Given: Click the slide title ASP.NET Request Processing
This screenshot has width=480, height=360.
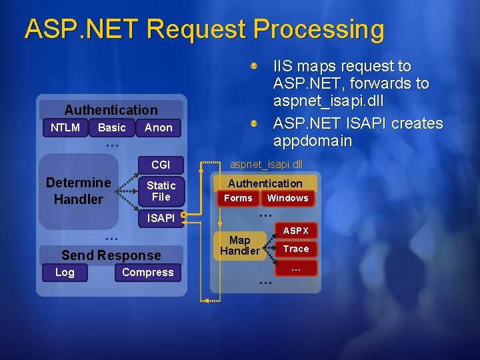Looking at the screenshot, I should click(204, 30).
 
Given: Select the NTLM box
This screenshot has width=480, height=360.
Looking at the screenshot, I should click(65, 127).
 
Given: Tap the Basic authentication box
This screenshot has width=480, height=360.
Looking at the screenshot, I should click(111, 127).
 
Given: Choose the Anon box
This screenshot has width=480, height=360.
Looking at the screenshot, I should click(158, 127).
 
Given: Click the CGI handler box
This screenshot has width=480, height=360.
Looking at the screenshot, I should click(161, 165).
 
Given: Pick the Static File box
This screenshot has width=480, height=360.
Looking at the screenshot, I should click(161, 191).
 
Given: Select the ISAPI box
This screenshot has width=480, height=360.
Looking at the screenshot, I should click(161, 217).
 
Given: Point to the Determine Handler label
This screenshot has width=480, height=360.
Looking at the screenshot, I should click(78, 191).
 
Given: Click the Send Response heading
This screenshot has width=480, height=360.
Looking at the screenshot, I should click(111, 255).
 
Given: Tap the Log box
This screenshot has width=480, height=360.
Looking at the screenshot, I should click(65, 272).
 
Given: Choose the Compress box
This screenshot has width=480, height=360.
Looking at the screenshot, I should click(147, 272).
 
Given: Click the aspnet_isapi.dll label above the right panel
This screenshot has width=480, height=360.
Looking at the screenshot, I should click(265, 164).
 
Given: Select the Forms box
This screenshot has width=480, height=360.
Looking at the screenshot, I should click(238, 198).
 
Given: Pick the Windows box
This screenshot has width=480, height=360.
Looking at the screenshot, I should click(287, 198).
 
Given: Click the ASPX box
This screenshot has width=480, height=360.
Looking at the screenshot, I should click(296, 231).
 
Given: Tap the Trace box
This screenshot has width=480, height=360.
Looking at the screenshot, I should click(296, 249).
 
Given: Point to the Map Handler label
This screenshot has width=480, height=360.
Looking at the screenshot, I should click(239, 245).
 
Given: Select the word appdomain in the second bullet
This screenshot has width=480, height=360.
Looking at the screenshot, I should click(313, 141).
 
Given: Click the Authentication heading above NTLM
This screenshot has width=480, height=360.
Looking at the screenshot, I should click(111, 110).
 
